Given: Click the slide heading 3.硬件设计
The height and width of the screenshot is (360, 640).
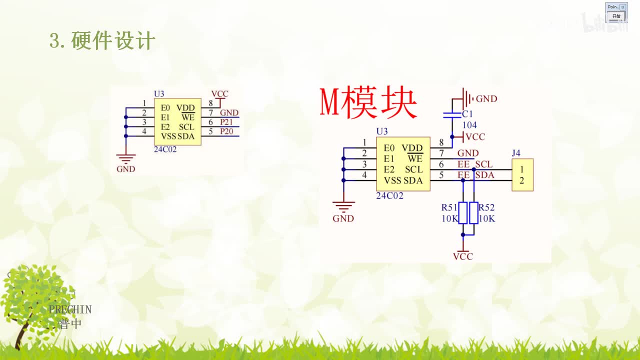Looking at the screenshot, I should pos(102,40).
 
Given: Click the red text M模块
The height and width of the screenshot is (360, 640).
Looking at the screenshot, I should pos(368,103).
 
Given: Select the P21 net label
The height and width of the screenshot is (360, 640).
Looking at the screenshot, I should pos(226,122).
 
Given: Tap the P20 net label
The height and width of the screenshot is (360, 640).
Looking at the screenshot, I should pos(226,131).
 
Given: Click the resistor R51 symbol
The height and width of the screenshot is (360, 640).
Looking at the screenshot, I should pos(463,213).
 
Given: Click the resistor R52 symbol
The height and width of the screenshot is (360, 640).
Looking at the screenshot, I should pos(473,213).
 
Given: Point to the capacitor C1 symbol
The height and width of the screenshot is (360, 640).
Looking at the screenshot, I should pos(452,114).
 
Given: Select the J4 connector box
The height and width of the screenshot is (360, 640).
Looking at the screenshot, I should pos(522,174).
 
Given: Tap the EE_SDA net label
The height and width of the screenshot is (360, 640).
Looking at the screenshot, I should pos(476,175).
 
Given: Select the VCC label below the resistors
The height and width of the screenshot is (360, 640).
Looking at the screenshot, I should pos(462,256).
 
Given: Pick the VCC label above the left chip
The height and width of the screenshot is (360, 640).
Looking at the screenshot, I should pos(219,94).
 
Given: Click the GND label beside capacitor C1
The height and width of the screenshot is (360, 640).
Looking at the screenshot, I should pos(486,99).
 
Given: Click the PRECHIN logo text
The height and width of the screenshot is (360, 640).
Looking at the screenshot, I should pos(70,309).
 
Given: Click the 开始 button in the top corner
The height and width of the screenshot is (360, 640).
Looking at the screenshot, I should pos(616,16).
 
